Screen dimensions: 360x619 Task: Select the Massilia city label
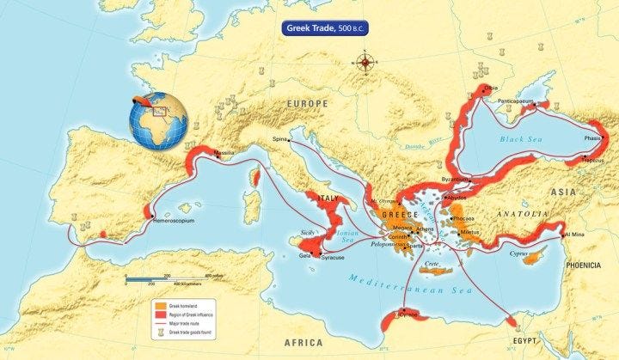coord(224,154)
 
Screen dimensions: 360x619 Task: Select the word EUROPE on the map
coord(307,104)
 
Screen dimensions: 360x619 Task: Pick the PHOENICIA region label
coord(583,265)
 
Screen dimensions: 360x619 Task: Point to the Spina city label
coord(279,138)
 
